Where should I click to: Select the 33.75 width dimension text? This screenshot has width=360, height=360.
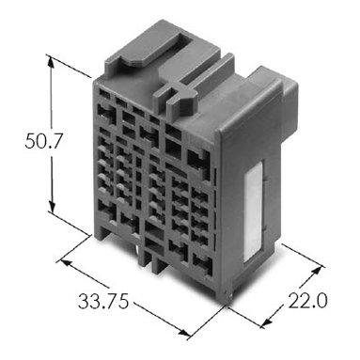[x=103, y=302]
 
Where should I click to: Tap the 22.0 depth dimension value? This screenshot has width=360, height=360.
[x=307, y=301]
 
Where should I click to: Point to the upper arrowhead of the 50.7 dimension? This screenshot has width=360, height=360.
[x=51, y=61]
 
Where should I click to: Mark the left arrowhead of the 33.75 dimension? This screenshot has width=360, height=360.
[x=66, y=262]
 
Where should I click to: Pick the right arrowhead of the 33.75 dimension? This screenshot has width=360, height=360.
[x=184, y=333]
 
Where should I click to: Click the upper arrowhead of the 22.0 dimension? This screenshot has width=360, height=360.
[x=318, y=272]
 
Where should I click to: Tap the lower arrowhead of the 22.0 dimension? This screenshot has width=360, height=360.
[x=267, y=321]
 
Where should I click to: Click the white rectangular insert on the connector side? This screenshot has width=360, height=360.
[x=253, y=211]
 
